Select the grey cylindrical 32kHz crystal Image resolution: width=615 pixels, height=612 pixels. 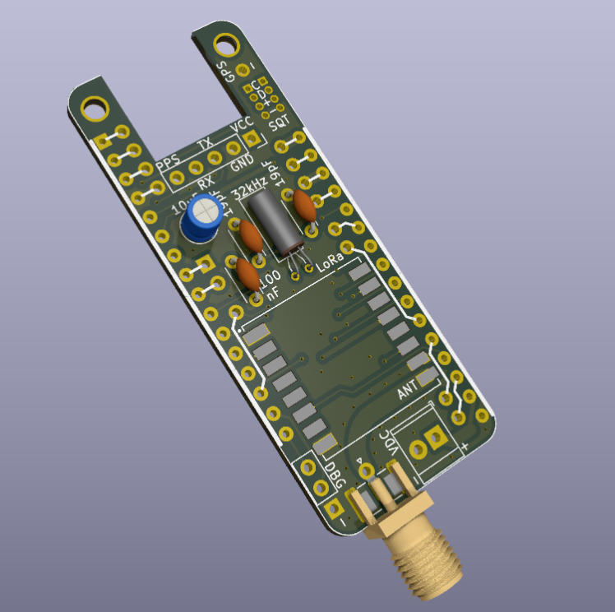click(x=272, y=220)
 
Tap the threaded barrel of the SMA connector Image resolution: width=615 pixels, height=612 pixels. click(x=428, y=568)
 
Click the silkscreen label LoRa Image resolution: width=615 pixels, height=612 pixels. click(x=330, y=271)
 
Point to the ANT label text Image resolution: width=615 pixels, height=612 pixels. click(x=408, y=391)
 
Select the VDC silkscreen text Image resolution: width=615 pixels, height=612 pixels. click(x=389, y=445)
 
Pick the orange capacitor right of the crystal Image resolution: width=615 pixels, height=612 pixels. click(x=303, y=206)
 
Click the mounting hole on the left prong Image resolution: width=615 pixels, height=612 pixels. click(x=95, y=106)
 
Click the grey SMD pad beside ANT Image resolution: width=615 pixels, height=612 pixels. click(x=428, y=378)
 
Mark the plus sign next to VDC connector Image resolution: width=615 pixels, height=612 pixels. click(x=465, y=447)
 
